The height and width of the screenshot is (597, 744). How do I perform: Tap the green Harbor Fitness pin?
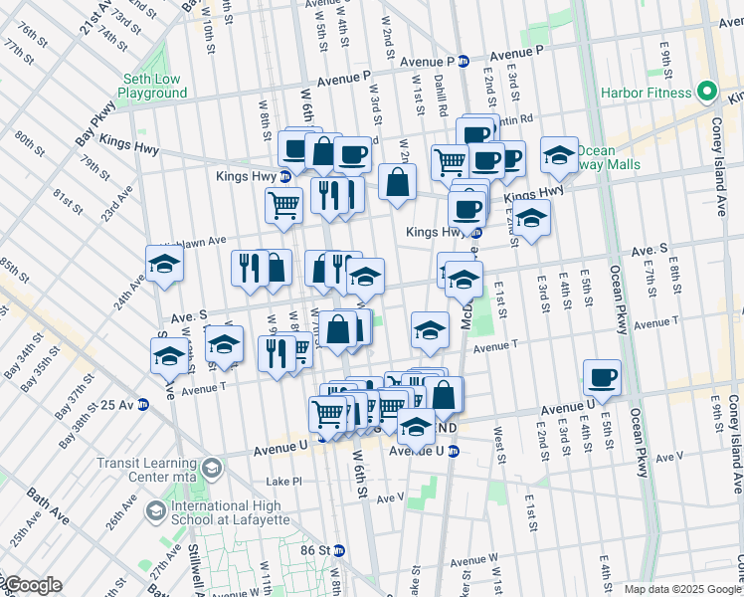[707, 93]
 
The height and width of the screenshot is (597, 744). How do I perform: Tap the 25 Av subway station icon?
[142, 405]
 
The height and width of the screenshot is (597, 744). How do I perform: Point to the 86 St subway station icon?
[338, 549]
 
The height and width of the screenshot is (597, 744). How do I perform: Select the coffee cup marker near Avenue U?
[603, 378]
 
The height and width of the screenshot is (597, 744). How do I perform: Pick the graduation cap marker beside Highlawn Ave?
[165, 265]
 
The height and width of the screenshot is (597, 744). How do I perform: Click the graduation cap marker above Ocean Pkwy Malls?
[560, 155]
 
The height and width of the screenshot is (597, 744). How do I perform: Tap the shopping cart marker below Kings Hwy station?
[283, 205]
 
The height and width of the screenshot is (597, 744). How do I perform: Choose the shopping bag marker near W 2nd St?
[397, 183]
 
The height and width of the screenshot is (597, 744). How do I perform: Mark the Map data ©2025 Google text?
[682, 589]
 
